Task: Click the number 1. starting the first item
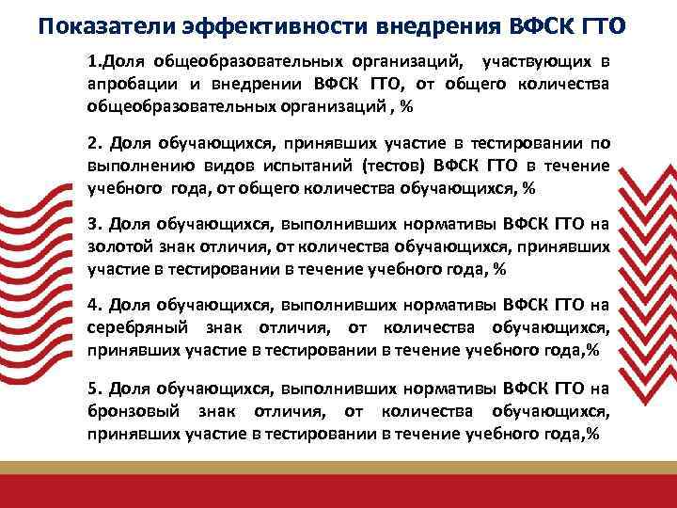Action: pyautogui.click(x=95, y=63)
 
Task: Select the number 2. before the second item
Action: pyautogui.click(x=94, y=144)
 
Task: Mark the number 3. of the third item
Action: pyautogui.click(x=94, y=225)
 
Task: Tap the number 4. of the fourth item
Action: pyautogui.click(x=94, y=306)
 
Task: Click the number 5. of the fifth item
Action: pyautogui.click(x=94, y=388)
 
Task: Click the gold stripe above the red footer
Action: pyautogui.click(x=338, y=468)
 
